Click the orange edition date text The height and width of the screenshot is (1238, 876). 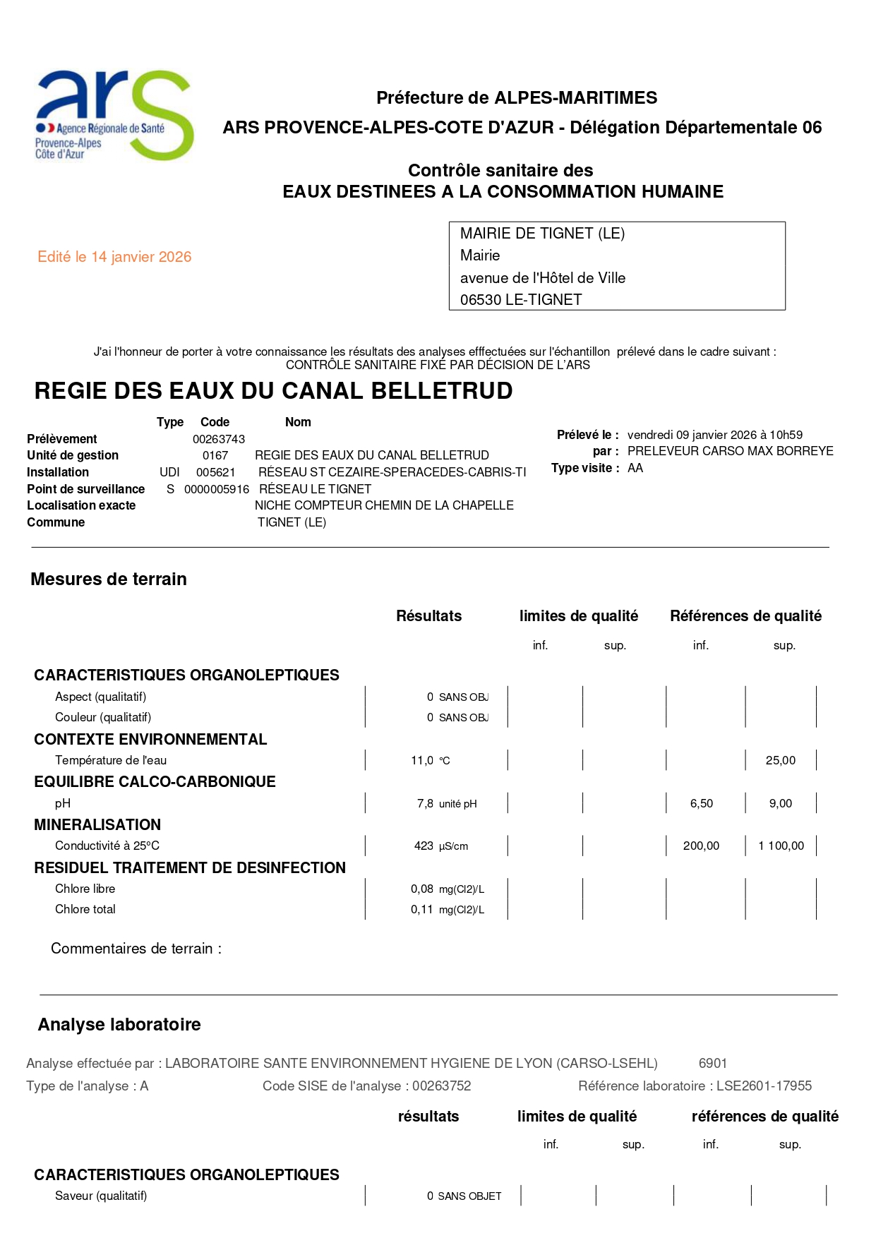[114, 257]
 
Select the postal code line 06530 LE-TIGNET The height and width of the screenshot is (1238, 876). [521, 299]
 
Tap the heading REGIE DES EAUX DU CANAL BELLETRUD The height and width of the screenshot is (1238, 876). [273, 391]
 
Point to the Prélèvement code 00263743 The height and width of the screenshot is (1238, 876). [219, 439]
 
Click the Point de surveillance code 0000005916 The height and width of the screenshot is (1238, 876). [217, 489]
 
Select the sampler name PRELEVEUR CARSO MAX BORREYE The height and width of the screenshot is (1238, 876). [730, 451]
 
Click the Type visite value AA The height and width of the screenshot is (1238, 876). [635, 468]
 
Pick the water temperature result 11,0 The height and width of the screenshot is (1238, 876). [422, 760]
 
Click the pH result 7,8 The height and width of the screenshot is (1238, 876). [425, 803]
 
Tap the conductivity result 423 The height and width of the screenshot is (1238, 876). [424, 846]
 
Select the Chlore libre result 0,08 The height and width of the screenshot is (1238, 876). [422, 889]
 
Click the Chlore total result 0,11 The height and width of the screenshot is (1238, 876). [422, 909]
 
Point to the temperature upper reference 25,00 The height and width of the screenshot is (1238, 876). [780, 760]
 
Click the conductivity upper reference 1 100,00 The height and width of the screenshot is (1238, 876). [781, 846]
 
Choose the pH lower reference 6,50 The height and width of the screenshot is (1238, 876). [702, 803]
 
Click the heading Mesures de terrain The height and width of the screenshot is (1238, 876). [109, 579]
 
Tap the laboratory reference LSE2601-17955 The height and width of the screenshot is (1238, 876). [764, 1086]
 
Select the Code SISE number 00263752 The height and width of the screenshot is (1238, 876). [442, 1086]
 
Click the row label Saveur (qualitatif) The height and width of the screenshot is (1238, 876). [101, 1196]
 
